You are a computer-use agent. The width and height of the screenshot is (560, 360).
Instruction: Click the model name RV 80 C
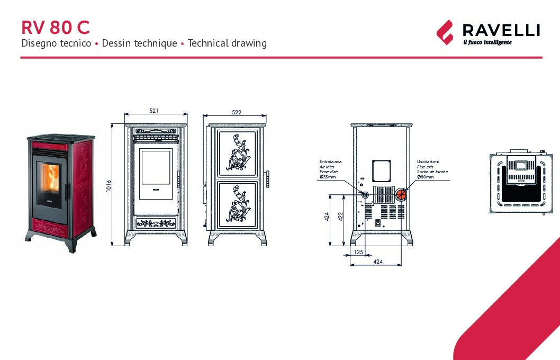[x=55, y=27]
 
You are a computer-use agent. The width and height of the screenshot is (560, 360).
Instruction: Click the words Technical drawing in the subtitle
[x=227, y=43]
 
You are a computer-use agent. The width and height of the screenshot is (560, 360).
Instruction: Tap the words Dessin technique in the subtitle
[x=139, y=43]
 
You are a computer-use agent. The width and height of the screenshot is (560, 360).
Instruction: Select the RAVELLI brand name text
[x=501, y=30]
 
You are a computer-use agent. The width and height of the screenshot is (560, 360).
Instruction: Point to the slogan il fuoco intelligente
[x=487, y=42]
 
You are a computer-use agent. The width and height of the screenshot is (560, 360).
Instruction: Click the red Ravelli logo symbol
[x=445, y=32]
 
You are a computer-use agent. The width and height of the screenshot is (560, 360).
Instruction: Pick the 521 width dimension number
[x=154, y=111]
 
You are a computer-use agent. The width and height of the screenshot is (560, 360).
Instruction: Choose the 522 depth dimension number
[x=237, y=112]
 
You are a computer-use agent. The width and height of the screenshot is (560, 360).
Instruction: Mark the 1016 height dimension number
[x=109, y=186]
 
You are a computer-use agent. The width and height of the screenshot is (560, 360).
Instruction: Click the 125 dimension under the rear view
[x=358, y=252]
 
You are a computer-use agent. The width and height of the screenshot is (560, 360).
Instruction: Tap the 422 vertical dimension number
[x=340, y=217]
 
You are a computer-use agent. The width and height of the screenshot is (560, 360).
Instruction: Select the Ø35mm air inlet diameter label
[x=328, y=177]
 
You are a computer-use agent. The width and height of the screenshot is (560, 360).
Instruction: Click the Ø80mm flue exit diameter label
[x=426, y=177]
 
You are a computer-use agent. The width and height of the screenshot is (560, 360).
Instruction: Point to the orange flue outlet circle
[x=401, y=194]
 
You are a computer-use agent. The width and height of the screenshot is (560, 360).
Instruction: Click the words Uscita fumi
[x=428, y=161]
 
